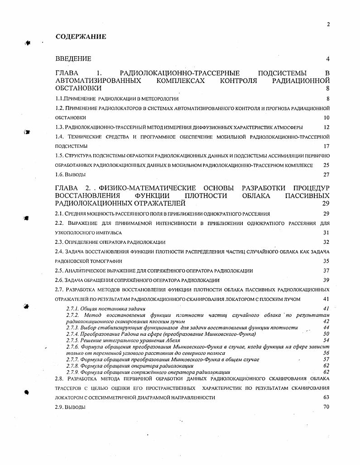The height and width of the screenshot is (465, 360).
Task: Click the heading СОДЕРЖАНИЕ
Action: (81, 37)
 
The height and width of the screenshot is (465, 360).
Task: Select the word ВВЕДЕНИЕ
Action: (73, 59)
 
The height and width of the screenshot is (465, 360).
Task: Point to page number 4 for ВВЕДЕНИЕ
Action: (327, 59)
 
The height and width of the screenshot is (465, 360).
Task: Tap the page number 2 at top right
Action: (328, 25)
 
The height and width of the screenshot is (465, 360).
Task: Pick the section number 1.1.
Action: (59, 98)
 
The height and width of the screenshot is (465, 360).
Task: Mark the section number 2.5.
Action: (59, 271)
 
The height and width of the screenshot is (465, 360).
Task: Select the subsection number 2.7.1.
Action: (73, 309)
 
